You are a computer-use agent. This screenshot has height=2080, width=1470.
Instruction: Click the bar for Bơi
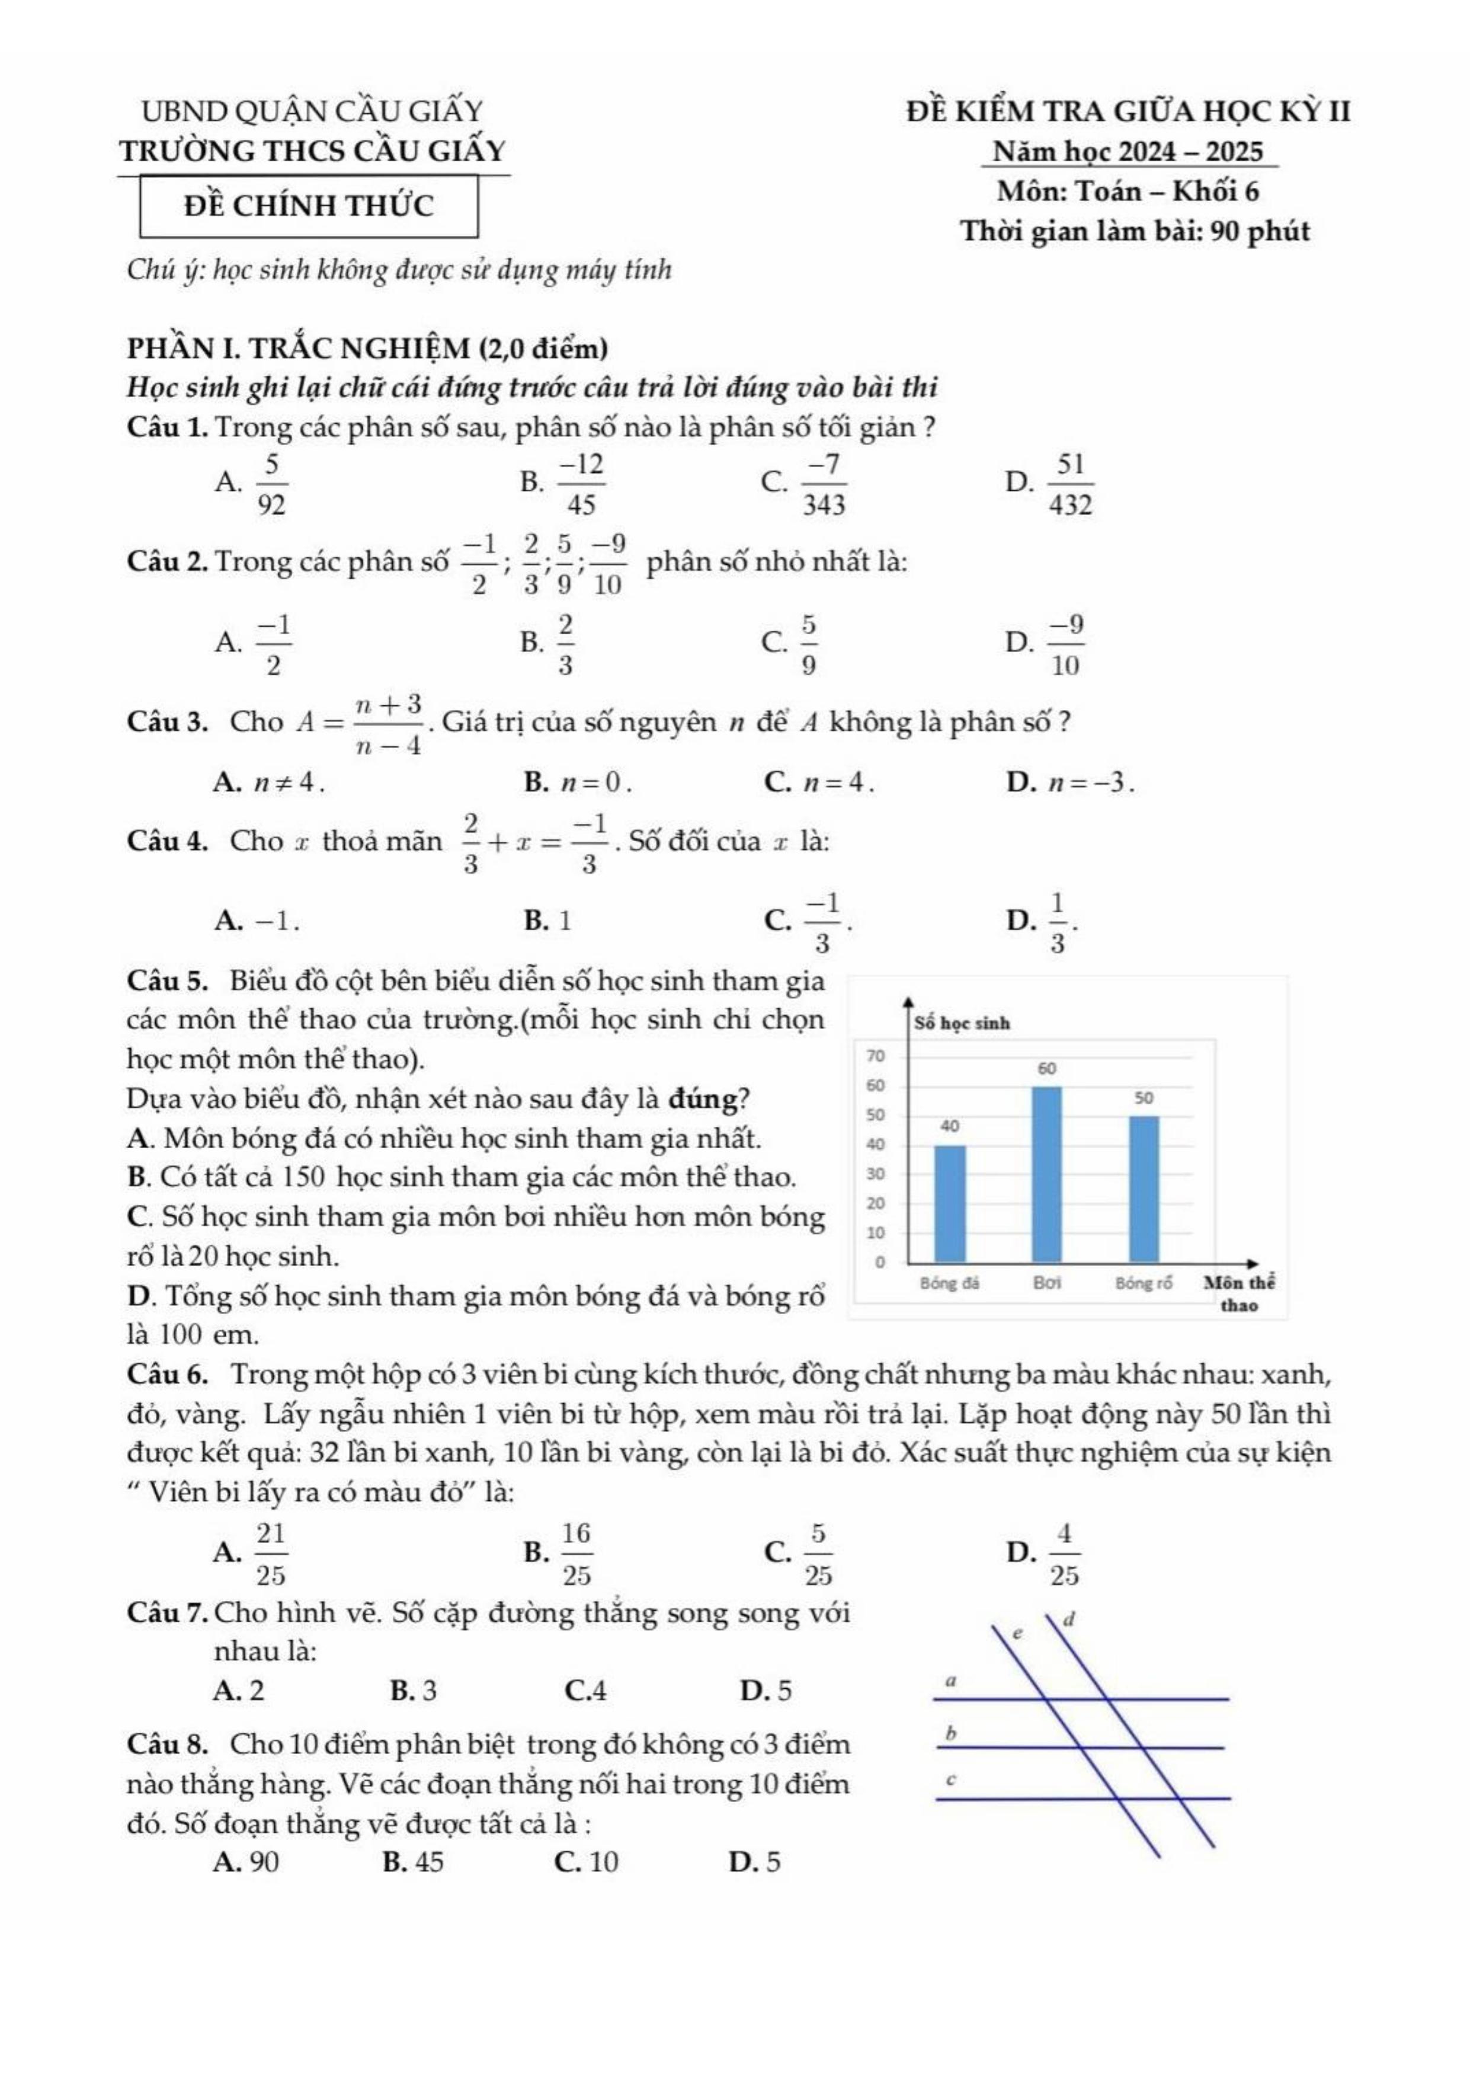click(1046, 1174)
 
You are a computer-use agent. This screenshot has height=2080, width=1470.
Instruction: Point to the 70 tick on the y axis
click(875, 1055)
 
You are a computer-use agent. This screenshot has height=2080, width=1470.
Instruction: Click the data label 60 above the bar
click(1046, 1069)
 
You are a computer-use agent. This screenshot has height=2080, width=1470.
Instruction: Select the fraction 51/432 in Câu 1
click(1071, 485)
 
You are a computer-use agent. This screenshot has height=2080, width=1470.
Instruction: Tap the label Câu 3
click(168, 723)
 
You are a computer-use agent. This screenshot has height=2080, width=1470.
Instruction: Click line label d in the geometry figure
click(1069, 1618)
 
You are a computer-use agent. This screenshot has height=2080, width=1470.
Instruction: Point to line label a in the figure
click(951, 1680)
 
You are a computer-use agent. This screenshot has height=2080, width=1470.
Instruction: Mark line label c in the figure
click(950, 1779)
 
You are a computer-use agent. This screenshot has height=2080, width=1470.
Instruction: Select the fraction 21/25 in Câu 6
click(270, 1554)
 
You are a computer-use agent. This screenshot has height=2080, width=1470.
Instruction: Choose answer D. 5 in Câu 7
click(766, 1691)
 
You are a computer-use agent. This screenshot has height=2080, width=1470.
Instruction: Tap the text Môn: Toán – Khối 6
click(1128, 192)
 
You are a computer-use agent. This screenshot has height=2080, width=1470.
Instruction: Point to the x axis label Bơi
click(1046, 1283)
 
